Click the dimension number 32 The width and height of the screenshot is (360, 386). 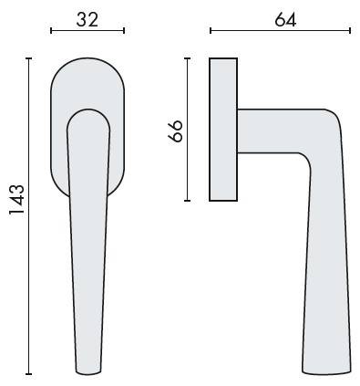coord(87,20)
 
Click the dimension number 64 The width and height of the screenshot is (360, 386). coord(285,20)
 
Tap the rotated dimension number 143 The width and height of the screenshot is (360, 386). coord(16,200)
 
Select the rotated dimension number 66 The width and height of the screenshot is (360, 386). coord(175,131)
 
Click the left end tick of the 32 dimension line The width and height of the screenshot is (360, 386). coord(51,30)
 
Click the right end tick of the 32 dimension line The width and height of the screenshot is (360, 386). coord(124,30)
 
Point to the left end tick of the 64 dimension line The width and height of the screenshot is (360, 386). coord(211,30)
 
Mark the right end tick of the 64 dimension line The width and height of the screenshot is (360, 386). coord(350,30)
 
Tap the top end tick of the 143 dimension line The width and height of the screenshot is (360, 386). coord(29,58)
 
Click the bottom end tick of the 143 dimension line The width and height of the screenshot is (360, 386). coord(29,374)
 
